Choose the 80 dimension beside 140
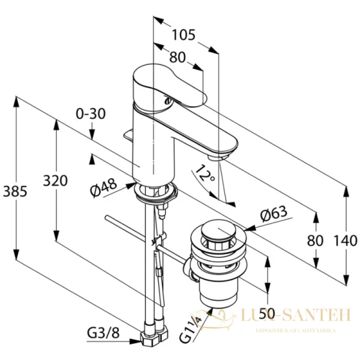tap(316, 241)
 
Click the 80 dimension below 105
tap(177, 58)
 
